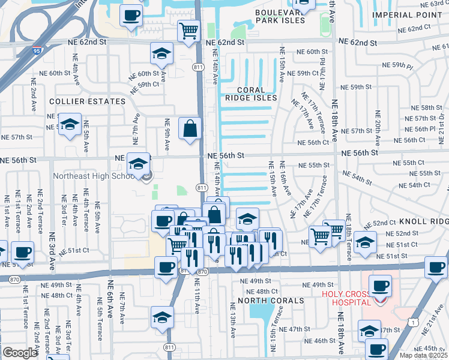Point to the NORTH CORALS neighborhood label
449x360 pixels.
coord(267,300)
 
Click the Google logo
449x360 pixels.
coord(20,353)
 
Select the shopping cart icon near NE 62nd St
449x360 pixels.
coord(188,29)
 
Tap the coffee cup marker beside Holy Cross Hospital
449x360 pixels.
coord(380,286)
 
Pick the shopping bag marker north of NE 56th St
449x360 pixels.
coord(190,129)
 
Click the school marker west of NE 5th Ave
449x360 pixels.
coord(70,125)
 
